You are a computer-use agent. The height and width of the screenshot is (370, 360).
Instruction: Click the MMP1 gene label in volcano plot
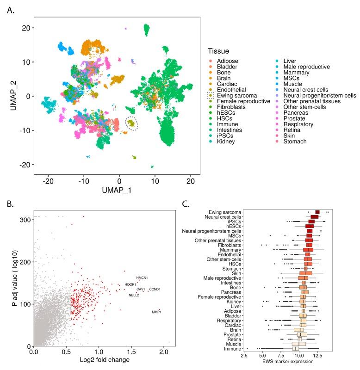click(156, 312)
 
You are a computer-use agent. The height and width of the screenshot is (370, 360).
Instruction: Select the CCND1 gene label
click(155, 290)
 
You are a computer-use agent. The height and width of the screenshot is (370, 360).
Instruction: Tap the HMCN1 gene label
click(142, 277)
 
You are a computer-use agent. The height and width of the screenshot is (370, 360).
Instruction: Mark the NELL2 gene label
click(134, 295)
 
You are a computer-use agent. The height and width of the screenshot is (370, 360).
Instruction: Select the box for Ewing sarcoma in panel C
click(317, 212)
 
